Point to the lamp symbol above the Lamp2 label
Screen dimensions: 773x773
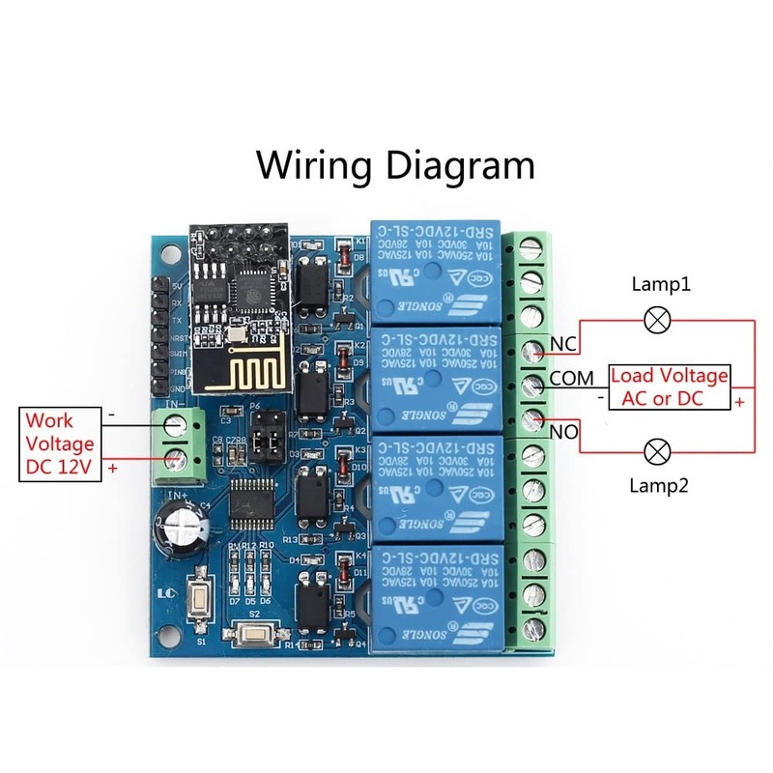coord(658,450)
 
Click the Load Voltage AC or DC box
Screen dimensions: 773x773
coord(669,386)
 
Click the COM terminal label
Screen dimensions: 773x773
coord(571,378)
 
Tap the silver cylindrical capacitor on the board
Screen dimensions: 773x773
coord(184,530)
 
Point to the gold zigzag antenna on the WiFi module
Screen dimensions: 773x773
coord(228,372)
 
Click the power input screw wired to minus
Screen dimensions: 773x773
coord(174,423)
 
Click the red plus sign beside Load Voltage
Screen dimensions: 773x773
coord(741,400)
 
